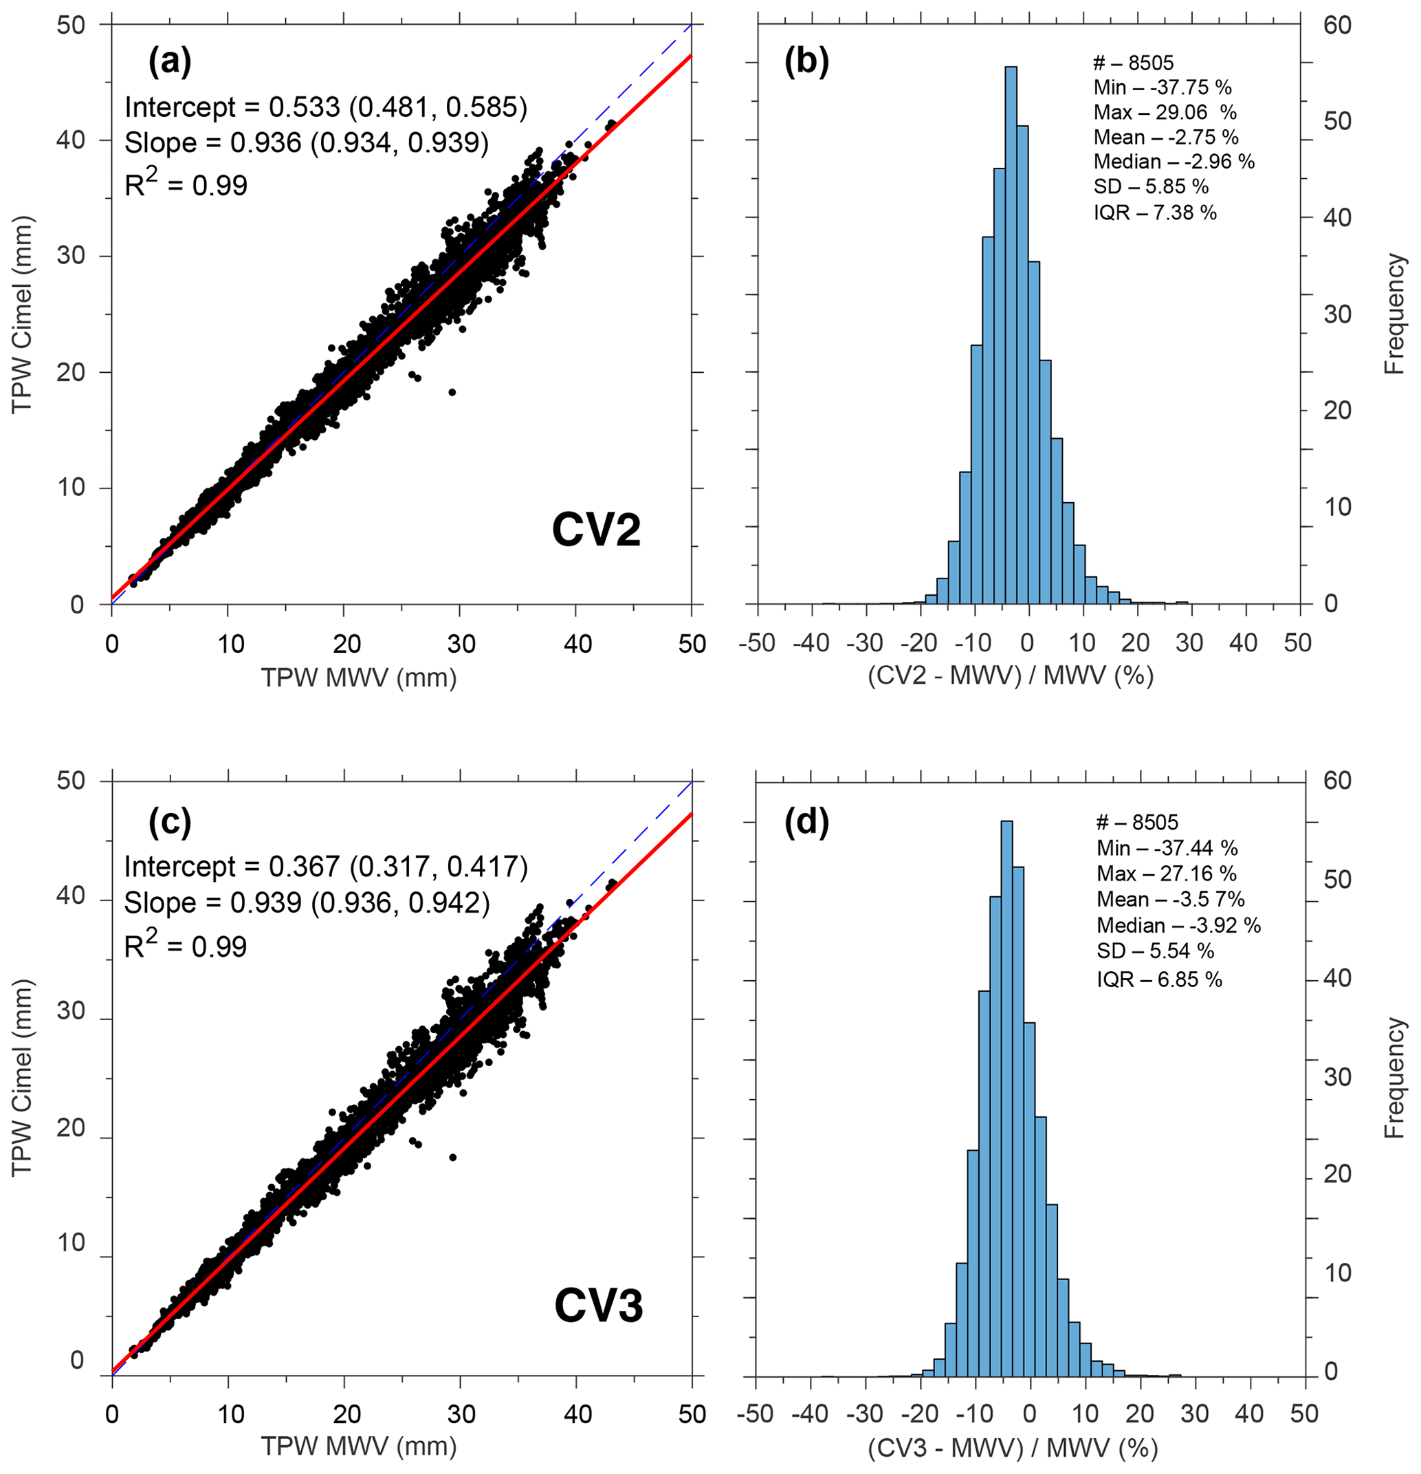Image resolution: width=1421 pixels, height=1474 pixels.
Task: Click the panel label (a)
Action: click(x=170, y=62)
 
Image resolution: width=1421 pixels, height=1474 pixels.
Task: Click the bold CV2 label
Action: click(x=595, y=530)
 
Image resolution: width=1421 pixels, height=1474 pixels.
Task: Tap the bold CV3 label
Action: click(x=599, y=1305)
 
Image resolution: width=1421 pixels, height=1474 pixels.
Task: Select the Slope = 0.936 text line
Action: click(x=307, y=143)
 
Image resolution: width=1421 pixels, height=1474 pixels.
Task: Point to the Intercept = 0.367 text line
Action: click(x=326, y=867)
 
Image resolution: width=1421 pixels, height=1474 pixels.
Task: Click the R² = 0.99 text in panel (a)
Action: click(x=186, y=184)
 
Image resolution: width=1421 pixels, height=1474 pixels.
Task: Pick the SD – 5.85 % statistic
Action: click(x=1150, y=186)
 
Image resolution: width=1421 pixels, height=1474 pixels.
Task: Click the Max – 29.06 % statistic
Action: click(x=1165, y=112)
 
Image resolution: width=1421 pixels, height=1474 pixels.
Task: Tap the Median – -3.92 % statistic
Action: click(x=1178, y=925)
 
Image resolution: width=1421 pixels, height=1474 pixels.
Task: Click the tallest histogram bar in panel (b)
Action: click(x=1011, y=335)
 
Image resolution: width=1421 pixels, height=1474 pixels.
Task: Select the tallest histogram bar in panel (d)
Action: click(x=1006, y=1098)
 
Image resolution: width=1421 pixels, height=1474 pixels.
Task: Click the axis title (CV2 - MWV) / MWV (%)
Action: click(x=1011, y=675)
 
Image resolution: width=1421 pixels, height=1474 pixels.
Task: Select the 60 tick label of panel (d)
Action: click(x=1338, y=781)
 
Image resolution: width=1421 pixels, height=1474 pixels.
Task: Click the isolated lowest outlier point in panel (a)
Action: click(x=452, y=392)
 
